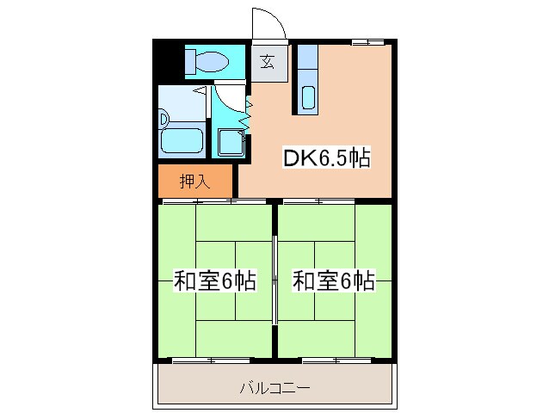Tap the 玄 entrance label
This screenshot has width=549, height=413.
(x=268, y=61)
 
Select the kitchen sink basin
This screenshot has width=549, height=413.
(x=309, y=98)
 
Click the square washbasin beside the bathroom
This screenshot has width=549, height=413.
(x=229, y=141)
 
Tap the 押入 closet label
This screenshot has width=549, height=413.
(x=194, y=182)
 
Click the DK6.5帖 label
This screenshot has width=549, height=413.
(x=327, y=158)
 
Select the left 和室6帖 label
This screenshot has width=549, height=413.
(x=214, y=280)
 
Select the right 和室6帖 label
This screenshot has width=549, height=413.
(x=333, y=280)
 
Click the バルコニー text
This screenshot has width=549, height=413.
(x=274, y=387)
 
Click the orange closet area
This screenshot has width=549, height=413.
(x=195, y=182)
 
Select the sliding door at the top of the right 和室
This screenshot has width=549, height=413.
(x=318, y=201)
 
